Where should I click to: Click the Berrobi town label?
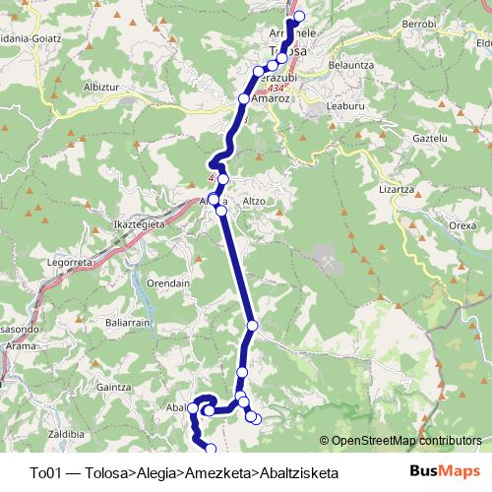click(418, 23)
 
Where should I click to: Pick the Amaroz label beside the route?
click(269, 99)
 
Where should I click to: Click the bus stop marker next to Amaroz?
click(244, 98)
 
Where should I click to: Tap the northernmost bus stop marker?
click(299, 16)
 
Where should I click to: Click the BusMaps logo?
click(439, 471)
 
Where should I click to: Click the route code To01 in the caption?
click(48, 472)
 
